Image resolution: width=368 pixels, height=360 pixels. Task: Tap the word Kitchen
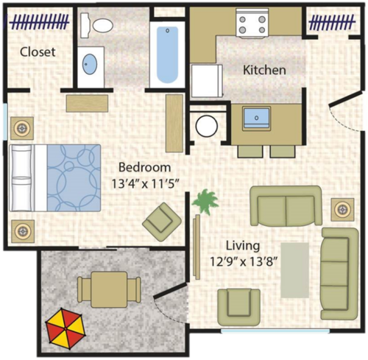(265, 70)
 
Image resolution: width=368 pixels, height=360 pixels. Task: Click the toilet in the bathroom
(99, 24)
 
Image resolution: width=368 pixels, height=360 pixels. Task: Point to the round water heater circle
(206, 126)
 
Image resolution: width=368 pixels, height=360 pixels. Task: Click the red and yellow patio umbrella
(64, 327)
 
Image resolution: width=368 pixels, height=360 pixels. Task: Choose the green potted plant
(204, 200)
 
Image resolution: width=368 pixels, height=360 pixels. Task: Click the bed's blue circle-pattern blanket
(74, 177)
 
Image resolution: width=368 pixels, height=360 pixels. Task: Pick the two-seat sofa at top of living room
(286, 206)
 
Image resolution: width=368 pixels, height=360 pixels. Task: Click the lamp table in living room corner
(342, 209)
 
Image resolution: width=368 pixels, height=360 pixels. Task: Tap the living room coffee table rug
(297, 269)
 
